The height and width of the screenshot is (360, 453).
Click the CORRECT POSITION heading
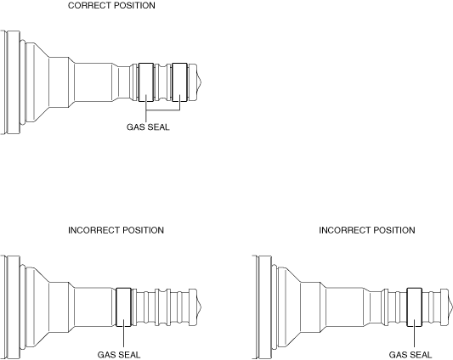point(111,5)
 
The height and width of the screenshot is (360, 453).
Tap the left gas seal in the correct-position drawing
point(146,82)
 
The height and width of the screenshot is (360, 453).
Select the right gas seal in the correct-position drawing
point(179,82)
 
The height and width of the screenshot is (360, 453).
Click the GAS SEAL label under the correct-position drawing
point(148,127)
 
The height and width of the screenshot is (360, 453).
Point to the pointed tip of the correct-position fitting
point(201,82)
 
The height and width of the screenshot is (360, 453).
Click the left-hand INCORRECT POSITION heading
point(116,230)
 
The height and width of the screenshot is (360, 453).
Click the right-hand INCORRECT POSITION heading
point(367,230)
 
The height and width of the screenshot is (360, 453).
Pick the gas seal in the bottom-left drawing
point(123,307)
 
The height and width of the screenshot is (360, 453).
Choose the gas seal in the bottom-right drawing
point(414,307)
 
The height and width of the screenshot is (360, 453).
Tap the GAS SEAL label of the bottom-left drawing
point(119,355)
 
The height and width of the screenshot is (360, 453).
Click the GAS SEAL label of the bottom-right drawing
point(411,355)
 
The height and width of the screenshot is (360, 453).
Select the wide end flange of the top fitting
point(13,82)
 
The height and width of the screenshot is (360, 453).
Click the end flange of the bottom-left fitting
point(13,307)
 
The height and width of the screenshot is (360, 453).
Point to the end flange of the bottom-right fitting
point(263,307)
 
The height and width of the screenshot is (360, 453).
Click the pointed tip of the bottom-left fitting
point(201,307)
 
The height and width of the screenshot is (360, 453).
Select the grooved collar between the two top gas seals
point(162,82)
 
